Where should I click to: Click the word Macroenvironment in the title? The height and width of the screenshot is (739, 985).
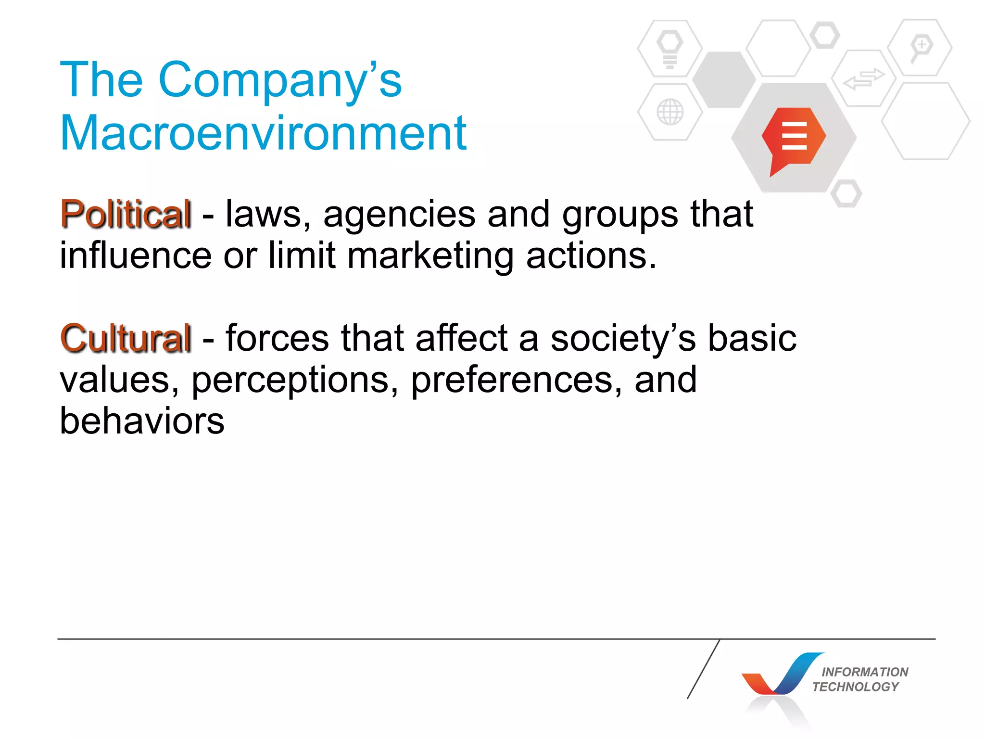(x=263, y=133)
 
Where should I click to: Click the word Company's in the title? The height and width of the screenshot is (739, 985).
(x=279, y=80)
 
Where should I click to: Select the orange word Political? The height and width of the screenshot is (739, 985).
(x=126, y=214)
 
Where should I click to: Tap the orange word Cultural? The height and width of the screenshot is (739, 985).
(x=126, y=338)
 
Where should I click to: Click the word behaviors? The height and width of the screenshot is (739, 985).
(x=142, y=421)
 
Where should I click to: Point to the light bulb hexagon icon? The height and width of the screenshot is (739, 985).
(x=670, y=49)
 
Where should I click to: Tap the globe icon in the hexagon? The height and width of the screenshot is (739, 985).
(x=670, y=112)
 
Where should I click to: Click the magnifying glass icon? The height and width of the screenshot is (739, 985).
(x=920, y=48)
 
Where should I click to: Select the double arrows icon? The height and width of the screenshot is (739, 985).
(x=864, y=79)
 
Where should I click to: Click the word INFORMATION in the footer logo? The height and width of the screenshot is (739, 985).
(x=865, y=672)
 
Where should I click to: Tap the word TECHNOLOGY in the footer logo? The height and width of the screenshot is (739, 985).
(x=856, y=687)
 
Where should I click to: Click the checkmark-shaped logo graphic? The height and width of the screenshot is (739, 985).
(x=782, y=675)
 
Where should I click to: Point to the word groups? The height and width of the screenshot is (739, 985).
(x=620, y=215)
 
